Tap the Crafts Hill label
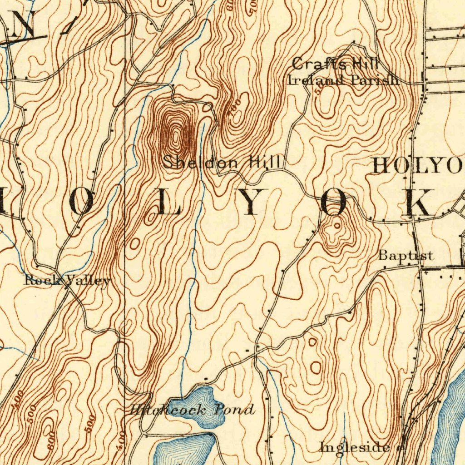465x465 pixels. [x=335, y=64]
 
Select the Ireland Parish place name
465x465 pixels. [x=343, y=80]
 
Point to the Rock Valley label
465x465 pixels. [x=67, y=281]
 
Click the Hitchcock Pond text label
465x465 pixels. [x=191, y=410]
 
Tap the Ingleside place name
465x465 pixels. [x=354, y=447]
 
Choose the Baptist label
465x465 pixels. [x=406, y=256]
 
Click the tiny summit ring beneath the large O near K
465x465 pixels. [x=336, y=225]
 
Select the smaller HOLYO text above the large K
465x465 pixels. [x=417, y=166]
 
